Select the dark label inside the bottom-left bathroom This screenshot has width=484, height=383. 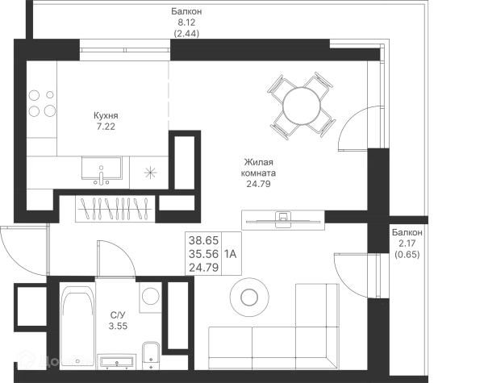pos(119,321)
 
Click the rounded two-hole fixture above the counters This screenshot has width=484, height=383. pos(248,298)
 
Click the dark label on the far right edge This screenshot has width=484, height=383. pos(407,242)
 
